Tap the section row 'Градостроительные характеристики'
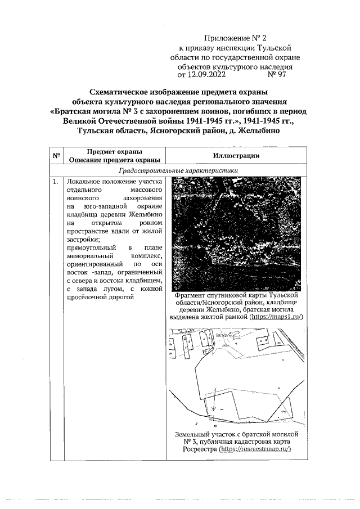tap(178, 170)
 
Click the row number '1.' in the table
tap(56, 182)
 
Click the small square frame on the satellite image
tap(214, 259)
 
